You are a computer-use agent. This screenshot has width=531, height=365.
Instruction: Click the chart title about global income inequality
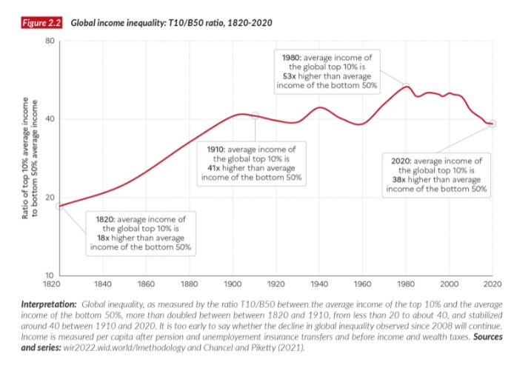tap(171, 23)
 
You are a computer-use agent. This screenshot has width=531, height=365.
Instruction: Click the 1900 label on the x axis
tap(233, 284)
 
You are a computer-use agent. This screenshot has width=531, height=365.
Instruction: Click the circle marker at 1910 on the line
tap(256, 115)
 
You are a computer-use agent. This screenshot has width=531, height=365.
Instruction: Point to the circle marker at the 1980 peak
tap(407, 86)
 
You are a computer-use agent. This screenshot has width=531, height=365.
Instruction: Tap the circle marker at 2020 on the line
tap(492, 124)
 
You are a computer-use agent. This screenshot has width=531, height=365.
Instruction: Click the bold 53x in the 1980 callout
tap(292, 76)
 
